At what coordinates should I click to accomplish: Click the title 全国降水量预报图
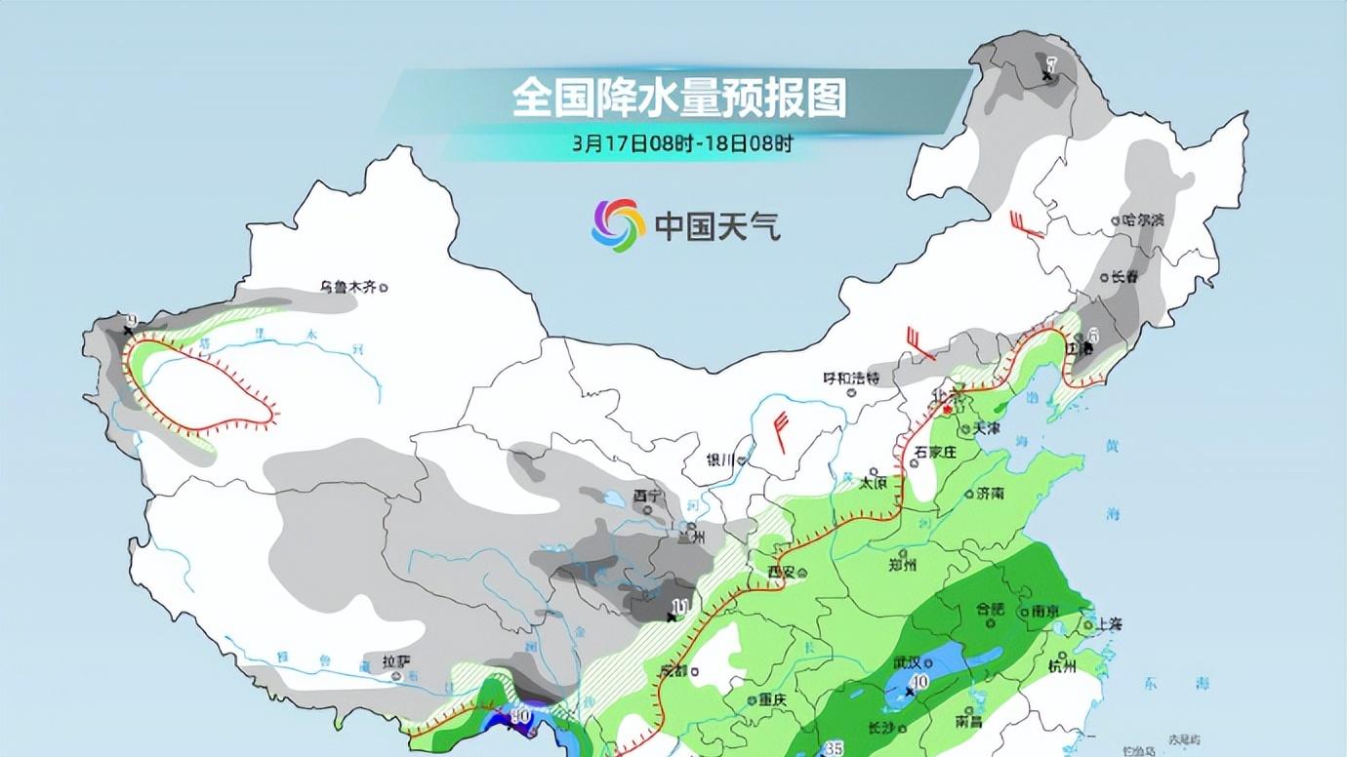678,99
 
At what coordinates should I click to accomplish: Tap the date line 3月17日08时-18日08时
682,143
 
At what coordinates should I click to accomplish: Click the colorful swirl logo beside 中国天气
618,225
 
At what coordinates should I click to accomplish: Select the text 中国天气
717,226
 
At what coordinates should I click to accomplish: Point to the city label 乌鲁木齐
348,287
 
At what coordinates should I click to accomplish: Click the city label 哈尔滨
1143,220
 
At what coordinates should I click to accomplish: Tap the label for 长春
1124,276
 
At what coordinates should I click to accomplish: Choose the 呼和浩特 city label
851,378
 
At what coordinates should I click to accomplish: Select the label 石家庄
934,452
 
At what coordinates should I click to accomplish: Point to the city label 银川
721,460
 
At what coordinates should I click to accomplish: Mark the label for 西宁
646,497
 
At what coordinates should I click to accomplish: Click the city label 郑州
904,565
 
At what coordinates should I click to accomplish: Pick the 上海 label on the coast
1107,623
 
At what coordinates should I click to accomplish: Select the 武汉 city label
907,661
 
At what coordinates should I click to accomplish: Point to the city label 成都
673,671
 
